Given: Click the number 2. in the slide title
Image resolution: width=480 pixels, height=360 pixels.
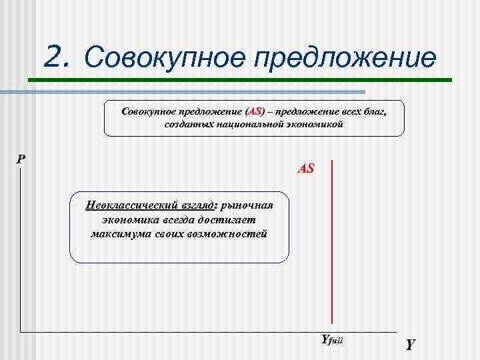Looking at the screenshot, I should (x=57, y=57).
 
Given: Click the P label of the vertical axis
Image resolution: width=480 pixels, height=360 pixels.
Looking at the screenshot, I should (x=21, y=159).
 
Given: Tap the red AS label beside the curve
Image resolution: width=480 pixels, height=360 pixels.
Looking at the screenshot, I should (x=306, y=169).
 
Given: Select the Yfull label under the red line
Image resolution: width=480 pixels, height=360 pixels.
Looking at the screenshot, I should (x=331, y=339).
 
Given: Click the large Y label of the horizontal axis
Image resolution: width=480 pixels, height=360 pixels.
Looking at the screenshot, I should (x=410, y=345).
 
